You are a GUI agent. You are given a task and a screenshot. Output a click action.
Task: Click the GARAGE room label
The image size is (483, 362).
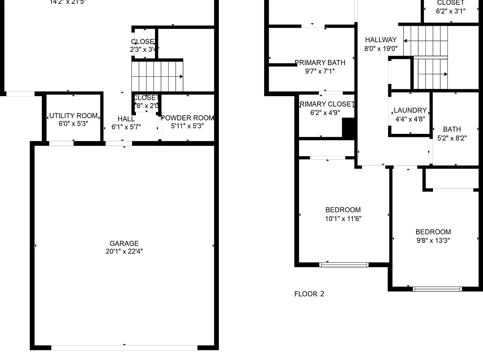pos(124,243)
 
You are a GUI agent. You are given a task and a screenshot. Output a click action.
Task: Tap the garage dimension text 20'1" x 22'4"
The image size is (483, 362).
pos(124,251)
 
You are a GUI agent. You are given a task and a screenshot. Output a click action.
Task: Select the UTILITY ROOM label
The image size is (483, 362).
pos(73,116)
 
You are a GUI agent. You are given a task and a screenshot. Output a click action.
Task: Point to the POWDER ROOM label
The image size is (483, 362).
pos(187,118)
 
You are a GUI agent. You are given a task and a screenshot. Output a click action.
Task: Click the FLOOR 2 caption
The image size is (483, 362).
pos(309,294)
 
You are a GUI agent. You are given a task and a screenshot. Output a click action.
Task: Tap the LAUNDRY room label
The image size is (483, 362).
pos(410,110)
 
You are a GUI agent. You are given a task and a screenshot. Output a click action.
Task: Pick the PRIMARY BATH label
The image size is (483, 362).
pos(320,63)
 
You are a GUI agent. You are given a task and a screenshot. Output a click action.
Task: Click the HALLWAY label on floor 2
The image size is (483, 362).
pos(381,40)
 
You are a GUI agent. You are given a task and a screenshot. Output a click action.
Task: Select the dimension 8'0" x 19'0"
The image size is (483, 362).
pos(381,49)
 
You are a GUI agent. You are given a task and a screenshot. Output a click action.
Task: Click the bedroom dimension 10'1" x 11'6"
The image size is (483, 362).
pos(343,219)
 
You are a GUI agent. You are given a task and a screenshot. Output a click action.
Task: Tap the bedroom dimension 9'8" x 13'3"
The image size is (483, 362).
pos(433,241)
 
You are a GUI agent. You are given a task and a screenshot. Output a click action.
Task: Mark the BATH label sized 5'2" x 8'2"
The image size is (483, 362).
pos(452,129)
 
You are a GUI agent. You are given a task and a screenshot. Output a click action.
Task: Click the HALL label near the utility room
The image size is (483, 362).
pos(126,119)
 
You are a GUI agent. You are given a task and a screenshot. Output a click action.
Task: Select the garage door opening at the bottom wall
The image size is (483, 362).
pos(124,348)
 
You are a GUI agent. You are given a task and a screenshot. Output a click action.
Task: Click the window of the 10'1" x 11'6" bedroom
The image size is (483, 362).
pos(344,265)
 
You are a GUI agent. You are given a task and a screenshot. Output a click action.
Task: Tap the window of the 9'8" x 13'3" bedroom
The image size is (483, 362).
pos(437,289)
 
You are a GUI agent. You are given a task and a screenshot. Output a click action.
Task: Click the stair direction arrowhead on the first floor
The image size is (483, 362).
pos(181,77)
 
